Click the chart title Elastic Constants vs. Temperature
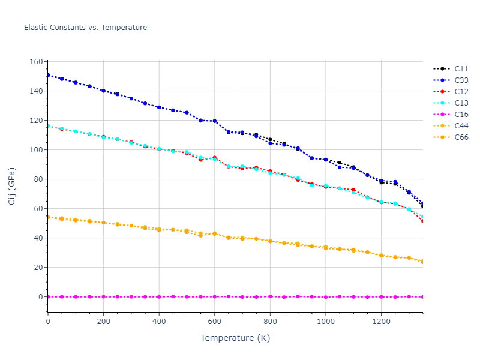click(85, 28)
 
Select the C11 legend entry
click(461, 69)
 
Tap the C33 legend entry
click(461, 80)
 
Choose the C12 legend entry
click(461, 92)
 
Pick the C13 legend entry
click(461, 103)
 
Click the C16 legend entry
click(461, 115)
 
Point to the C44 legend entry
click(461, 126)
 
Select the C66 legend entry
click(461, 137)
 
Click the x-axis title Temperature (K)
click(235, 338)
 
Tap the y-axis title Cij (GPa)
click(12, 186)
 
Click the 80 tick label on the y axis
click(38, 179)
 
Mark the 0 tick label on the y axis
click(40, 297)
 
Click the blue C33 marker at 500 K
click(187, 113)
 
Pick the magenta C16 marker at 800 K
click(270, 296)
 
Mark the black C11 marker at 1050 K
click(340, 163)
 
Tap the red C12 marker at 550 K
click(200, 160)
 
